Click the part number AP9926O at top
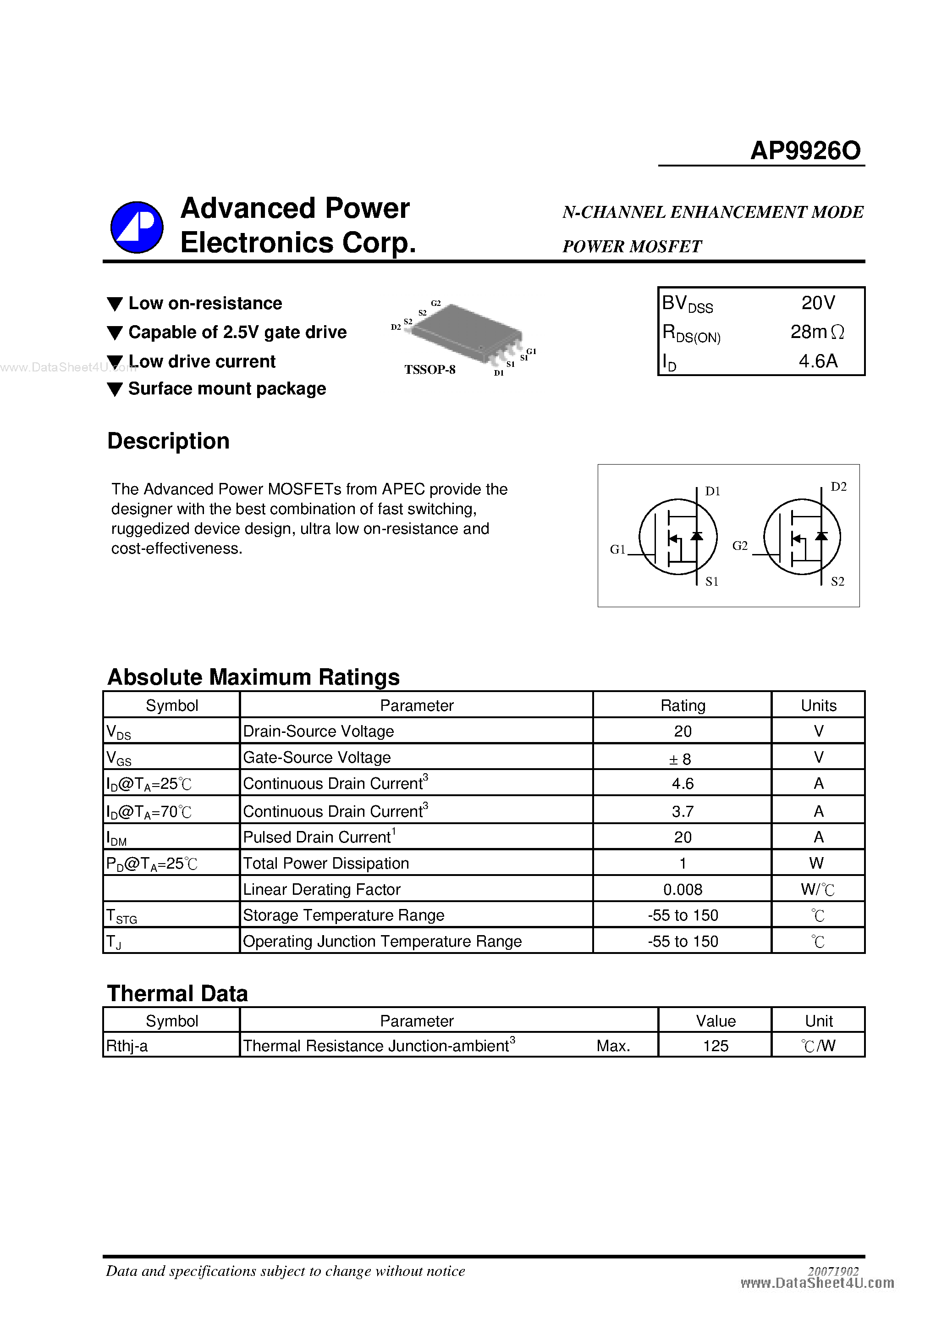(804, 151)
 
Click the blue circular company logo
(137, 227)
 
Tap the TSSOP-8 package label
(429, 370)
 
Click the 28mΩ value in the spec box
(817, 332)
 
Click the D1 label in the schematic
(712, 491)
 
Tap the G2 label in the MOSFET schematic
(739, 545)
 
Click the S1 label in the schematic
(712, 581)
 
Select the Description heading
(168, 441)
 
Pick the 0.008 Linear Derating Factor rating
(682, 890)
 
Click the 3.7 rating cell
(682, 811)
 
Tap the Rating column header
(682, 705)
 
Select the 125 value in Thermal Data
(715, 1046)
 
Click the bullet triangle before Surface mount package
(115, 389)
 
